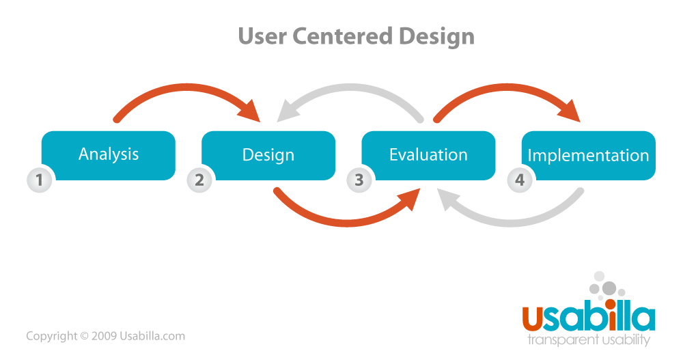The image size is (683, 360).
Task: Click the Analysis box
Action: coord(109,155)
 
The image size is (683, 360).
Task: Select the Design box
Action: coord(268,155)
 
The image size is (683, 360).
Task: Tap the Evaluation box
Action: coord(428,155)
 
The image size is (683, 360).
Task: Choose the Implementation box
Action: coord(588,155)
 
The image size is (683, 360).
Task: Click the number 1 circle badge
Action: coord(40,180)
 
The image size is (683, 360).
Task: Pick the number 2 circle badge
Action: coord(199,180)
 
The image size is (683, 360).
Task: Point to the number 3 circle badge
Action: coord(359,180)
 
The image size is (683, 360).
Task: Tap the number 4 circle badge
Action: coord(519,180)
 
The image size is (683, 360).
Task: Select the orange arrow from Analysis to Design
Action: coord(184,91)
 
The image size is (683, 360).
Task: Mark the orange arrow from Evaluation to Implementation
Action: coord(505,91)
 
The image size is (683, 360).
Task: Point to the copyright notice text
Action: coord(105,336)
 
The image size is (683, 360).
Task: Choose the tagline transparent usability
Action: coord(589,340)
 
